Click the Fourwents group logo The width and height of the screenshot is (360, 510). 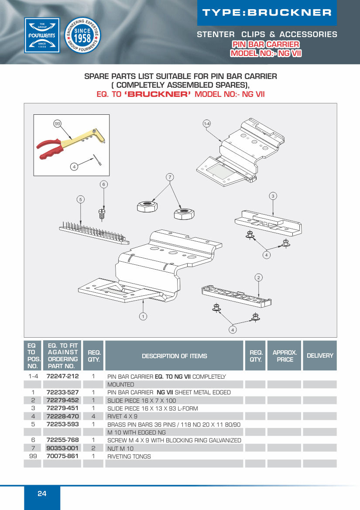[42, 35]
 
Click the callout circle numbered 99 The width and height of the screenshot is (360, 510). [57, 124]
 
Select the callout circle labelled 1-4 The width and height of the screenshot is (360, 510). [207, 124]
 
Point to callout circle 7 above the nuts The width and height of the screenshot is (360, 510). [170, 177]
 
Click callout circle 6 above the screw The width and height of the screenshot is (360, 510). [103, 185]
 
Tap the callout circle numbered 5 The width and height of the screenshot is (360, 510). [81, 199]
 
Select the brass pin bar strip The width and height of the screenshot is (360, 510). [93, 231]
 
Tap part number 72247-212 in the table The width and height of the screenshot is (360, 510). [62, 376]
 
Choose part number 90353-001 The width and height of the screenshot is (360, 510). [62, 448]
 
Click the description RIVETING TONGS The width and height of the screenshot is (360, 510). [129, 456]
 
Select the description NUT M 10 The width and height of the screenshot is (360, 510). [120, 448]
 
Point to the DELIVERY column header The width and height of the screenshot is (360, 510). [320, 356]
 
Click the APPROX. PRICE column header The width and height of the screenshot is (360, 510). [285, 356]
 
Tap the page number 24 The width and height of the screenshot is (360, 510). [42, 494]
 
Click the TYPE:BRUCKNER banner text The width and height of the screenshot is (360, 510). [267, 13]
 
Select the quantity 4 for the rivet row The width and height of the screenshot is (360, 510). [93, 416]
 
